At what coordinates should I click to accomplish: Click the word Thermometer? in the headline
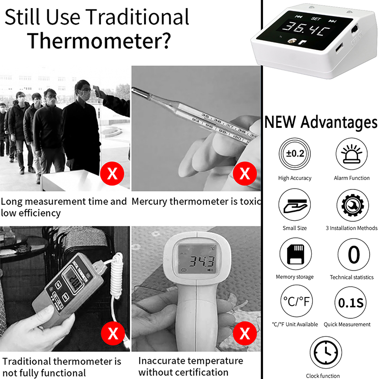coord(98,41)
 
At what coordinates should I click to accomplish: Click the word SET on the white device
coord(316,19)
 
